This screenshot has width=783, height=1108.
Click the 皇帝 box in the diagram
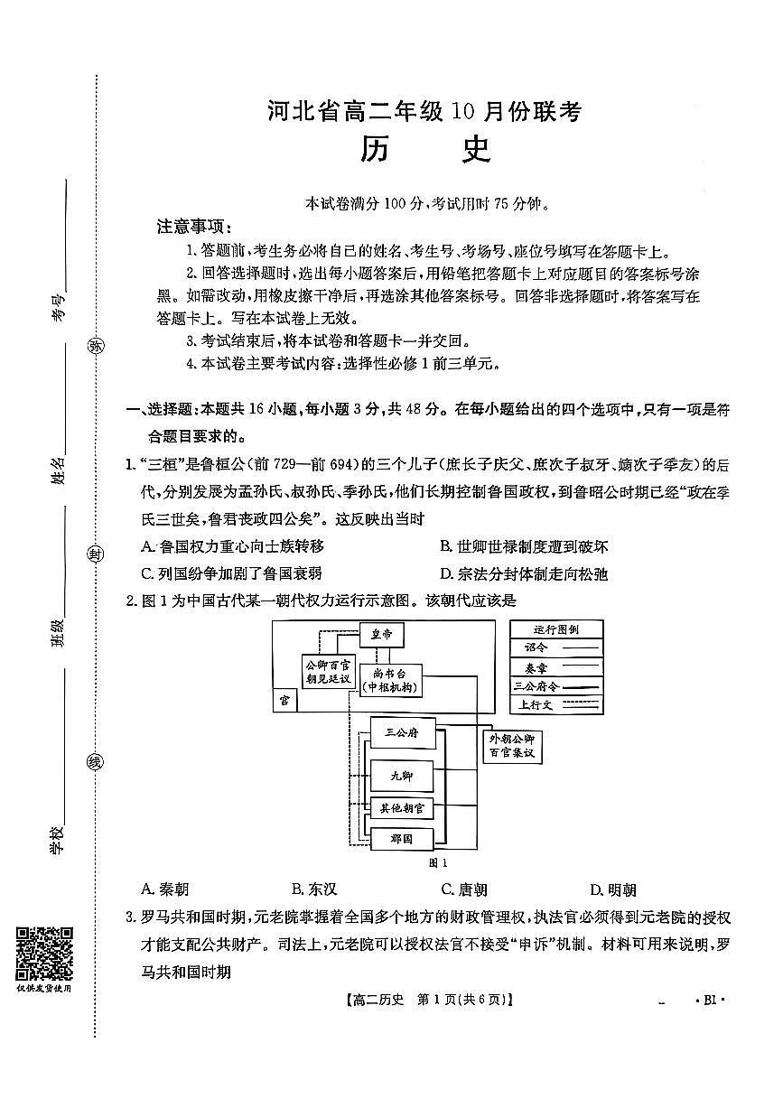point(381,635)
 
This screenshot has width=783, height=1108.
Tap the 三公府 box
point(402,732)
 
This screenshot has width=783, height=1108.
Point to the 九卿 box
point(401,776)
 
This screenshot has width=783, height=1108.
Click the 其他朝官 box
point(403,807)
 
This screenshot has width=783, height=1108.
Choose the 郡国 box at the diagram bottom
point(402,838)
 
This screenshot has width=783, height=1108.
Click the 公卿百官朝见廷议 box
point(327,673)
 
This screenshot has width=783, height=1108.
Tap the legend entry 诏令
point(556,647)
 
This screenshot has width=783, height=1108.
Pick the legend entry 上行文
point(556,704)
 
